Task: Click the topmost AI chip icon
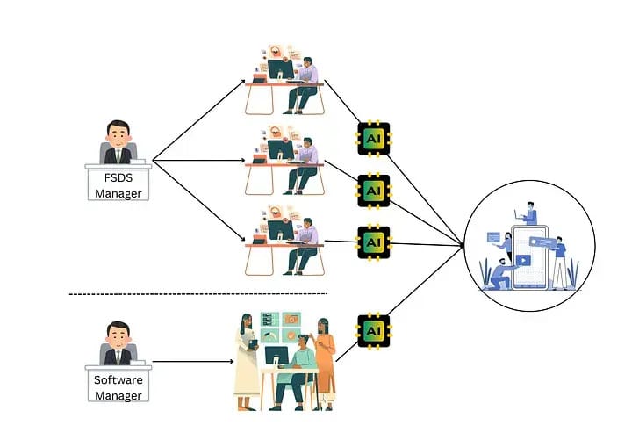[x=373, y=138]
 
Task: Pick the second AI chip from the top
[x=373, y=190]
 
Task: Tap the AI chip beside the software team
[x=373, y=331]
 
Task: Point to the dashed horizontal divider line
[x=197, y=293]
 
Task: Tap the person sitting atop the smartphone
[x=529, y=213]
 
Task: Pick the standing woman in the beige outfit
[x=245, y=360]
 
